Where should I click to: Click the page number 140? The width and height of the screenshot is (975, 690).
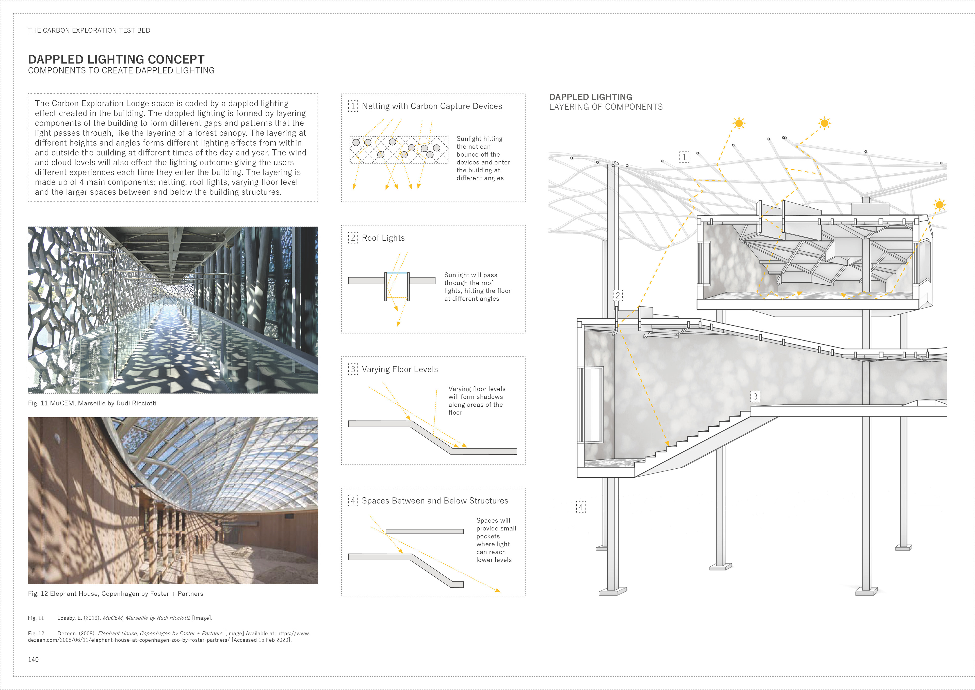point(33,660)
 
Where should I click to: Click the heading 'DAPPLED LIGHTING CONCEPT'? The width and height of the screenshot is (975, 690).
point(116,59)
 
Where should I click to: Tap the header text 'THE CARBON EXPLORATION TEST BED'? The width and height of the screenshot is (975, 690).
point(89,30)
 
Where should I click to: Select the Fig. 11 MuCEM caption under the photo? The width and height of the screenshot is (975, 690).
point(92,403)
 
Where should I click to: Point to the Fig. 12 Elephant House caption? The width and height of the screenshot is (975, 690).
point(116,593)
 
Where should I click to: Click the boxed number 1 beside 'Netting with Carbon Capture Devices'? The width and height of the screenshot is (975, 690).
point(353,106)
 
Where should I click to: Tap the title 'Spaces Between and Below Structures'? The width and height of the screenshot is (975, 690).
point(435,501)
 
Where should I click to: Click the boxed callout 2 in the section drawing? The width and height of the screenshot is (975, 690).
point(618,295)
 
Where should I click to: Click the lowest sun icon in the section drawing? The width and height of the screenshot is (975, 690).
point(939,205)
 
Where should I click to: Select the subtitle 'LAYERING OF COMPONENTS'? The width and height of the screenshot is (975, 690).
point(606,107)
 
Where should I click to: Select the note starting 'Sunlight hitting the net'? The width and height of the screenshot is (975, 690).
point(483,158)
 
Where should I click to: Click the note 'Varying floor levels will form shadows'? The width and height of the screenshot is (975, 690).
point(477,401)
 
